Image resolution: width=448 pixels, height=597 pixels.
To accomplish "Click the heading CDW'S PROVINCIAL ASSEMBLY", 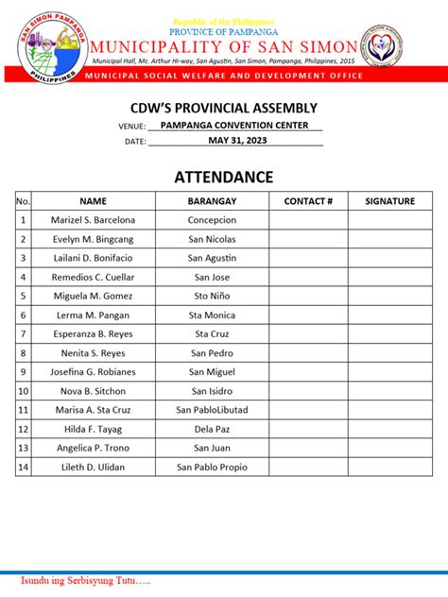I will pyautogui.click(x=223, y=109).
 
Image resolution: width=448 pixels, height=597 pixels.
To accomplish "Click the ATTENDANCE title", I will pyautogui.click(x=223, y=178).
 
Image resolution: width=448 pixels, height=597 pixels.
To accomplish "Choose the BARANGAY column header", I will pyautogui.click(x=212, y=201).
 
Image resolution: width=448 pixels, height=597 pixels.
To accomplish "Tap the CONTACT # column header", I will pyautogui.click(x=307, y=201).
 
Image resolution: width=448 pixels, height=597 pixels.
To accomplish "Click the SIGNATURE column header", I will pyautogui.click(x=389, y=201).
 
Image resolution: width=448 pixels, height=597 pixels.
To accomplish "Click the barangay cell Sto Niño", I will pyautogui.click(x=212, y=296).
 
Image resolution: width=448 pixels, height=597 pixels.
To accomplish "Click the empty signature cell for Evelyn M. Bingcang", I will pyautogui.click(x=389, y=239).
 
